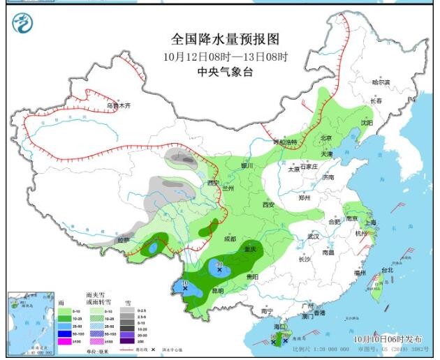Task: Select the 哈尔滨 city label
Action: [381, 82]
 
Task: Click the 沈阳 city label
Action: [366, 123]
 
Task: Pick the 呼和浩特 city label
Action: [285, 142]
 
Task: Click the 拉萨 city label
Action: [124, 239]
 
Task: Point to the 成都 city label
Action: [230, 239]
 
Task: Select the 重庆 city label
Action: [249, 250]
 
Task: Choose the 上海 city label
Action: [370, 223]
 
